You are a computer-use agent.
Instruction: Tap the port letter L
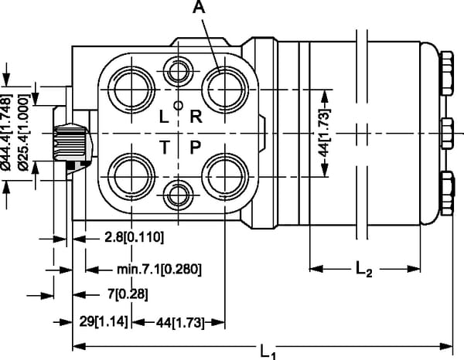click(163, 117)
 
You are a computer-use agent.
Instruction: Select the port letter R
click(196, 117)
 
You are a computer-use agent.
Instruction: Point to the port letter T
click(164, 147)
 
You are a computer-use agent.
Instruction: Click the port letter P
click(196, 147)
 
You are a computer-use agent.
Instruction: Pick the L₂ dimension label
click(364, 270)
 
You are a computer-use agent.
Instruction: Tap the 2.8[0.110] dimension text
click(134, 236)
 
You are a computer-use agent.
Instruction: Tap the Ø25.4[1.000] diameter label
click(23, 134)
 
